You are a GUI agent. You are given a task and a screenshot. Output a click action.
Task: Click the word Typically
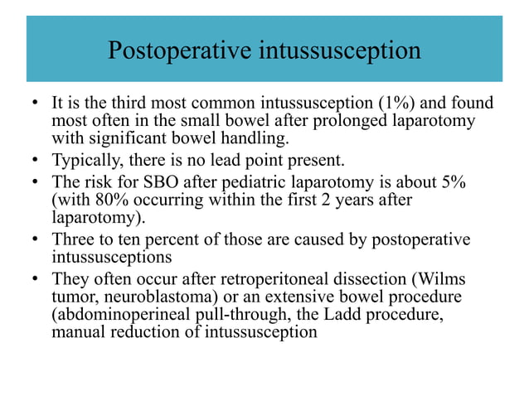click(85, 160)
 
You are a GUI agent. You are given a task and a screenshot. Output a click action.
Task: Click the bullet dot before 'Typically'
click(35, 161)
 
